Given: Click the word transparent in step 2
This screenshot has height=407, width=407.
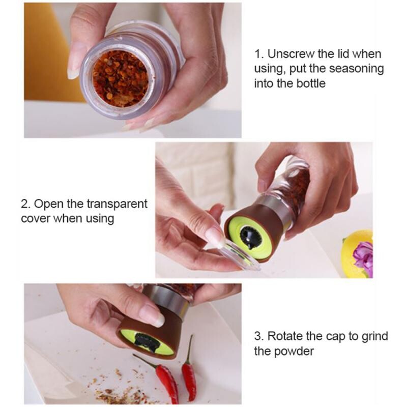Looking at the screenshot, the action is tap(117, 204).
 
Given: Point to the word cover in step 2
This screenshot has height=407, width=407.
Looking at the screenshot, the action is tap(36, 219).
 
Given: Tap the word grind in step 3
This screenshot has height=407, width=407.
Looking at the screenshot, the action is tap(374, 336).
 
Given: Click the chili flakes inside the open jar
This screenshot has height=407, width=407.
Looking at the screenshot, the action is tap(120, 78).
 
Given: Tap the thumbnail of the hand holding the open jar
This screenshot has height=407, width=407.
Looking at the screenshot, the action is tap(73, 62).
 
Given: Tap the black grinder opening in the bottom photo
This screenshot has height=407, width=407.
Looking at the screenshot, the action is tap(148, 341).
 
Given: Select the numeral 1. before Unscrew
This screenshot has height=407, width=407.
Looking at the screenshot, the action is tap(259, 54).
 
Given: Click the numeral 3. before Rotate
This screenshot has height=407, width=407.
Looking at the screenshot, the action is tap(259, 336).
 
